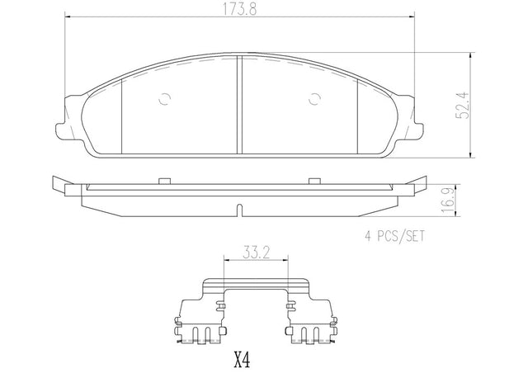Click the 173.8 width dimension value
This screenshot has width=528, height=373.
coord(239,9)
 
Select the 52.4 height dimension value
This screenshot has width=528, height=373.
coord(462,106)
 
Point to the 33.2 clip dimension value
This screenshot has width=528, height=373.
coord(257,253)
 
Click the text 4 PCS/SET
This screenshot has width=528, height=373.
coord(395,236)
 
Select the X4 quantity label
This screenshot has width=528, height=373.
coord(242,360)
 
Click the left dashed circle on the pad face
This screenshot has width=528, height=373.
coord(165,99)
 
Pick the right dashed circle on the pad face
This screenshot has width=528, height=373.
coord(314,99)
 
